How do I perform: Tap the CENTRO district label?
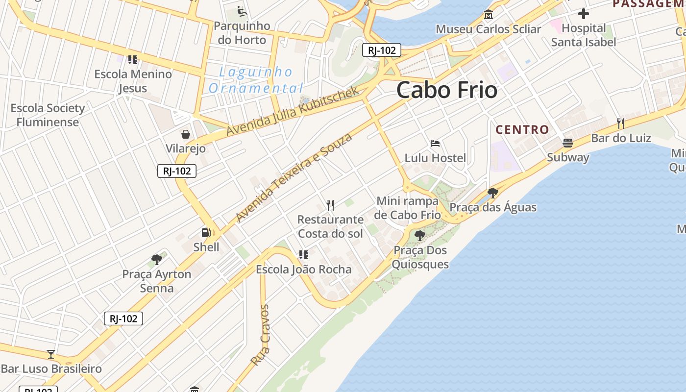tap(522, 130)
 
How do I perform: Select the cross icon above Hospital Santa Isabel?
tap(583, 13)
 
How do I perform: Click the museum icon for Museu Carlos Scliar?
tap(488, 15)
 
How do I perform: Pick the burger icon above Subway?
tap(568, 143)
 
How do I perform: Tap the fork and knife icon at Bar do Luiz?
tap(621, 123)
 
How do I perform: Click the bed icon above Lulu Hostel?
tap(435, 144)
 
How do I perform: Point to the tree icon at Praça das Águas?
tap(493, 193)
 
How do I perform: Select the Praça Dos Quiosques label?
tap(421, 257)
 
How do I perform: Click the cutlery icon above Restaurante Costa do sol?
tap(330, 205)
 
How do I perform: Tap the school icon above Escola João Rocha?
tap(304, 255)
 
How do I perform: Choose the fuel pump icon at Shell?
tap(206, 233)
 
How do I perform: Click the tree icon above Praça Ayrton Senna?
tap(157, 259)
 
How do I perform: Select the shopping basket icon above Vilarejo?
tap(186, 134)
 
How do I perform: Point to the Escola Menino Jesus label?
tap(133, 81)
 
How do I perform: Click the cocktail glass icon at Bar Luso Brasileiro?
tap(50, 354)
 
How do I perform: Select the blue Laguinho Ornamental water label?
tap(255, 80)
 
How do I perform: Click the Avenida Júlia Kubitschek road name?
tap(293, 111)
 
